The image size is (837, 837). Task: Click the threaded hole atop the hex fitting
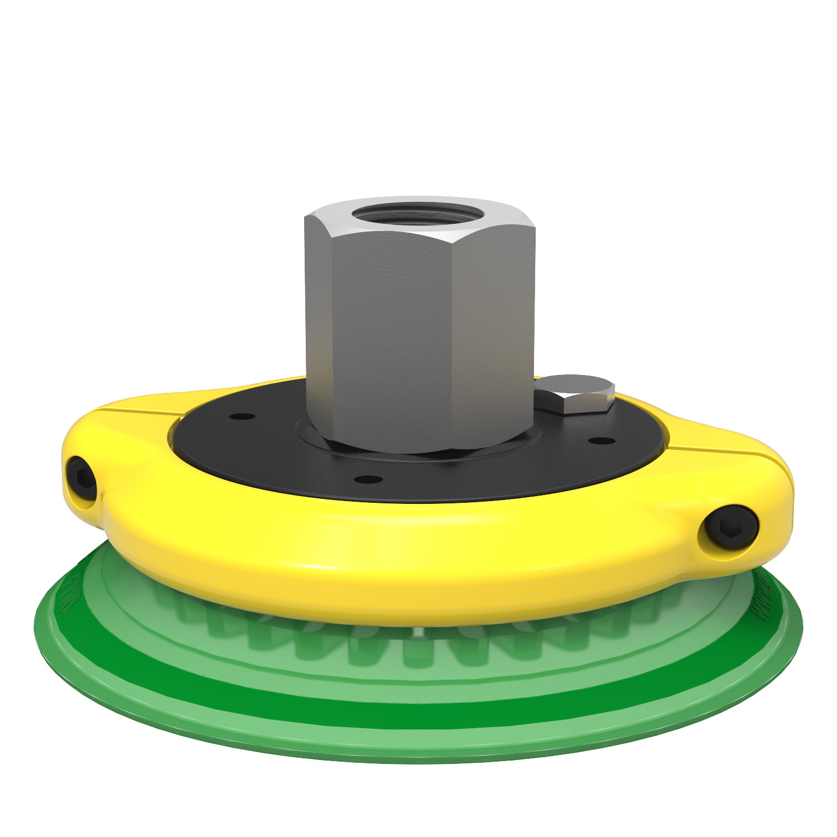tap(420, 214)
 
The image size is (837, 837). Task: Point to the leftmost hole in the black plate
tap(242, 416)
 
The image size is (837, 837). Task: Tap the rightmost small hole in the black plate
tap(602, 441)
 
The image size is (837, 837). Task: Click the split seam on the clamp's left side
tap(139, 411)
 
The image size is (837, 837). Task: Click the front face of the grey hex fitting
tap(391, 335)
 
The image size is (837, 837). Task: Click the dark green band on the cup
tap(419, 713)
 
